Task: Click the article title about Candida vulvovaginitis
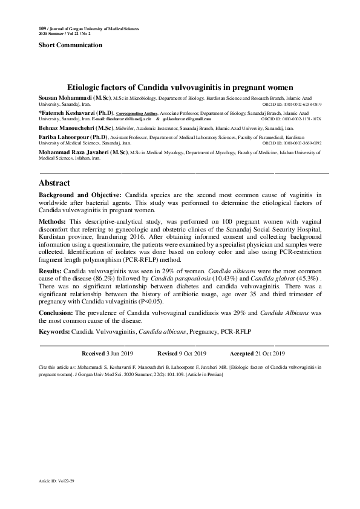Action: point(180,88)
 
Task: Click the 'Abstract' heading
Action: point(54,183)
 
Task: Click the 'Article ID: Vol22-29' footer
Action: point(56,481)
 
